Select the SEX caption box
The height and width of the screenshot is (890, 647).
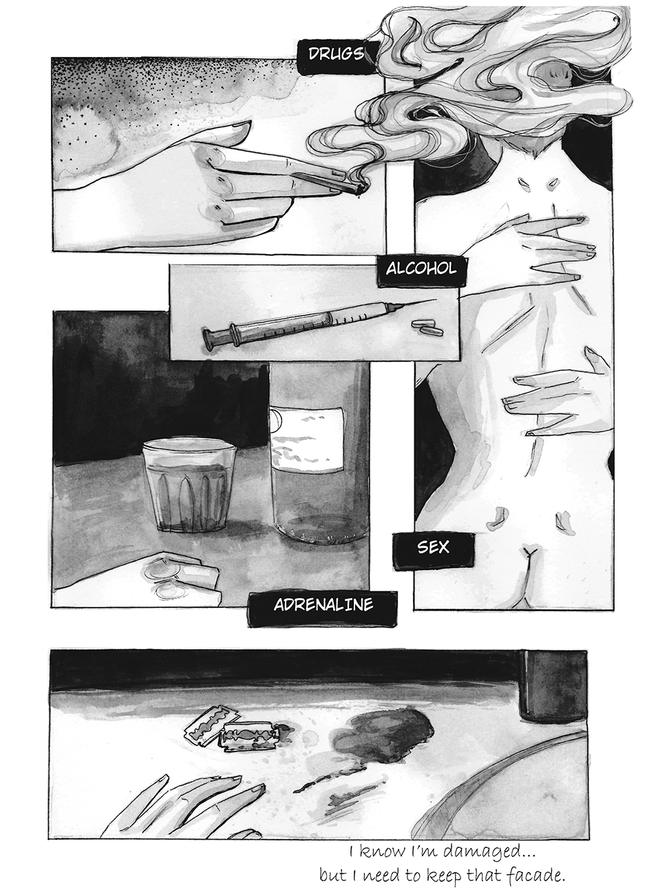click(x=434, y=547)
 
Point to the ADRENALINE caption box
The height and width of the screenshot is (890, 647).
click(x=323, y=605)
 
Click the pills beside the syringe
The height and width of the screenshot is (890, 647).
click(x=427, y=328)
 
